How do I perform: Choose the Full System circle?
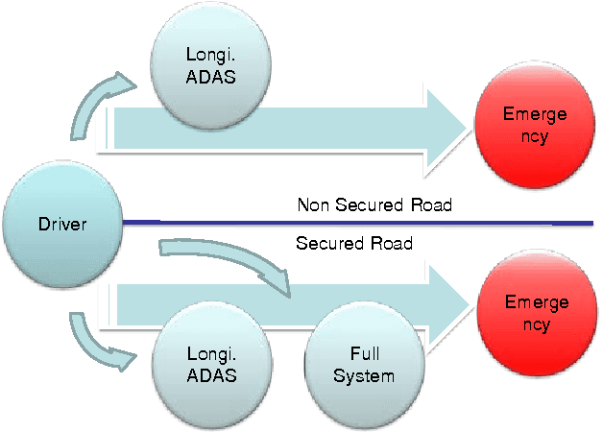coord(363,364)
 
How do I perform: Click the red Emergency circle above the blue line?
coord(535,125)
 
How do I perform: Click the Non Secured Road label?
coord(374,204)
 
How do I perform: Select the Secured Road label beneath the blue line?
coord(354,244)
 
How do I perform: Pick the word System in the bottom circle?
coord(363,375)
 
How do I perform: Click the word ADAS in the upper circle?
coord(209,78)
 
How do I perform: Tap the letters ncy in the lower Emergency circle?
coord(535,324)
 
